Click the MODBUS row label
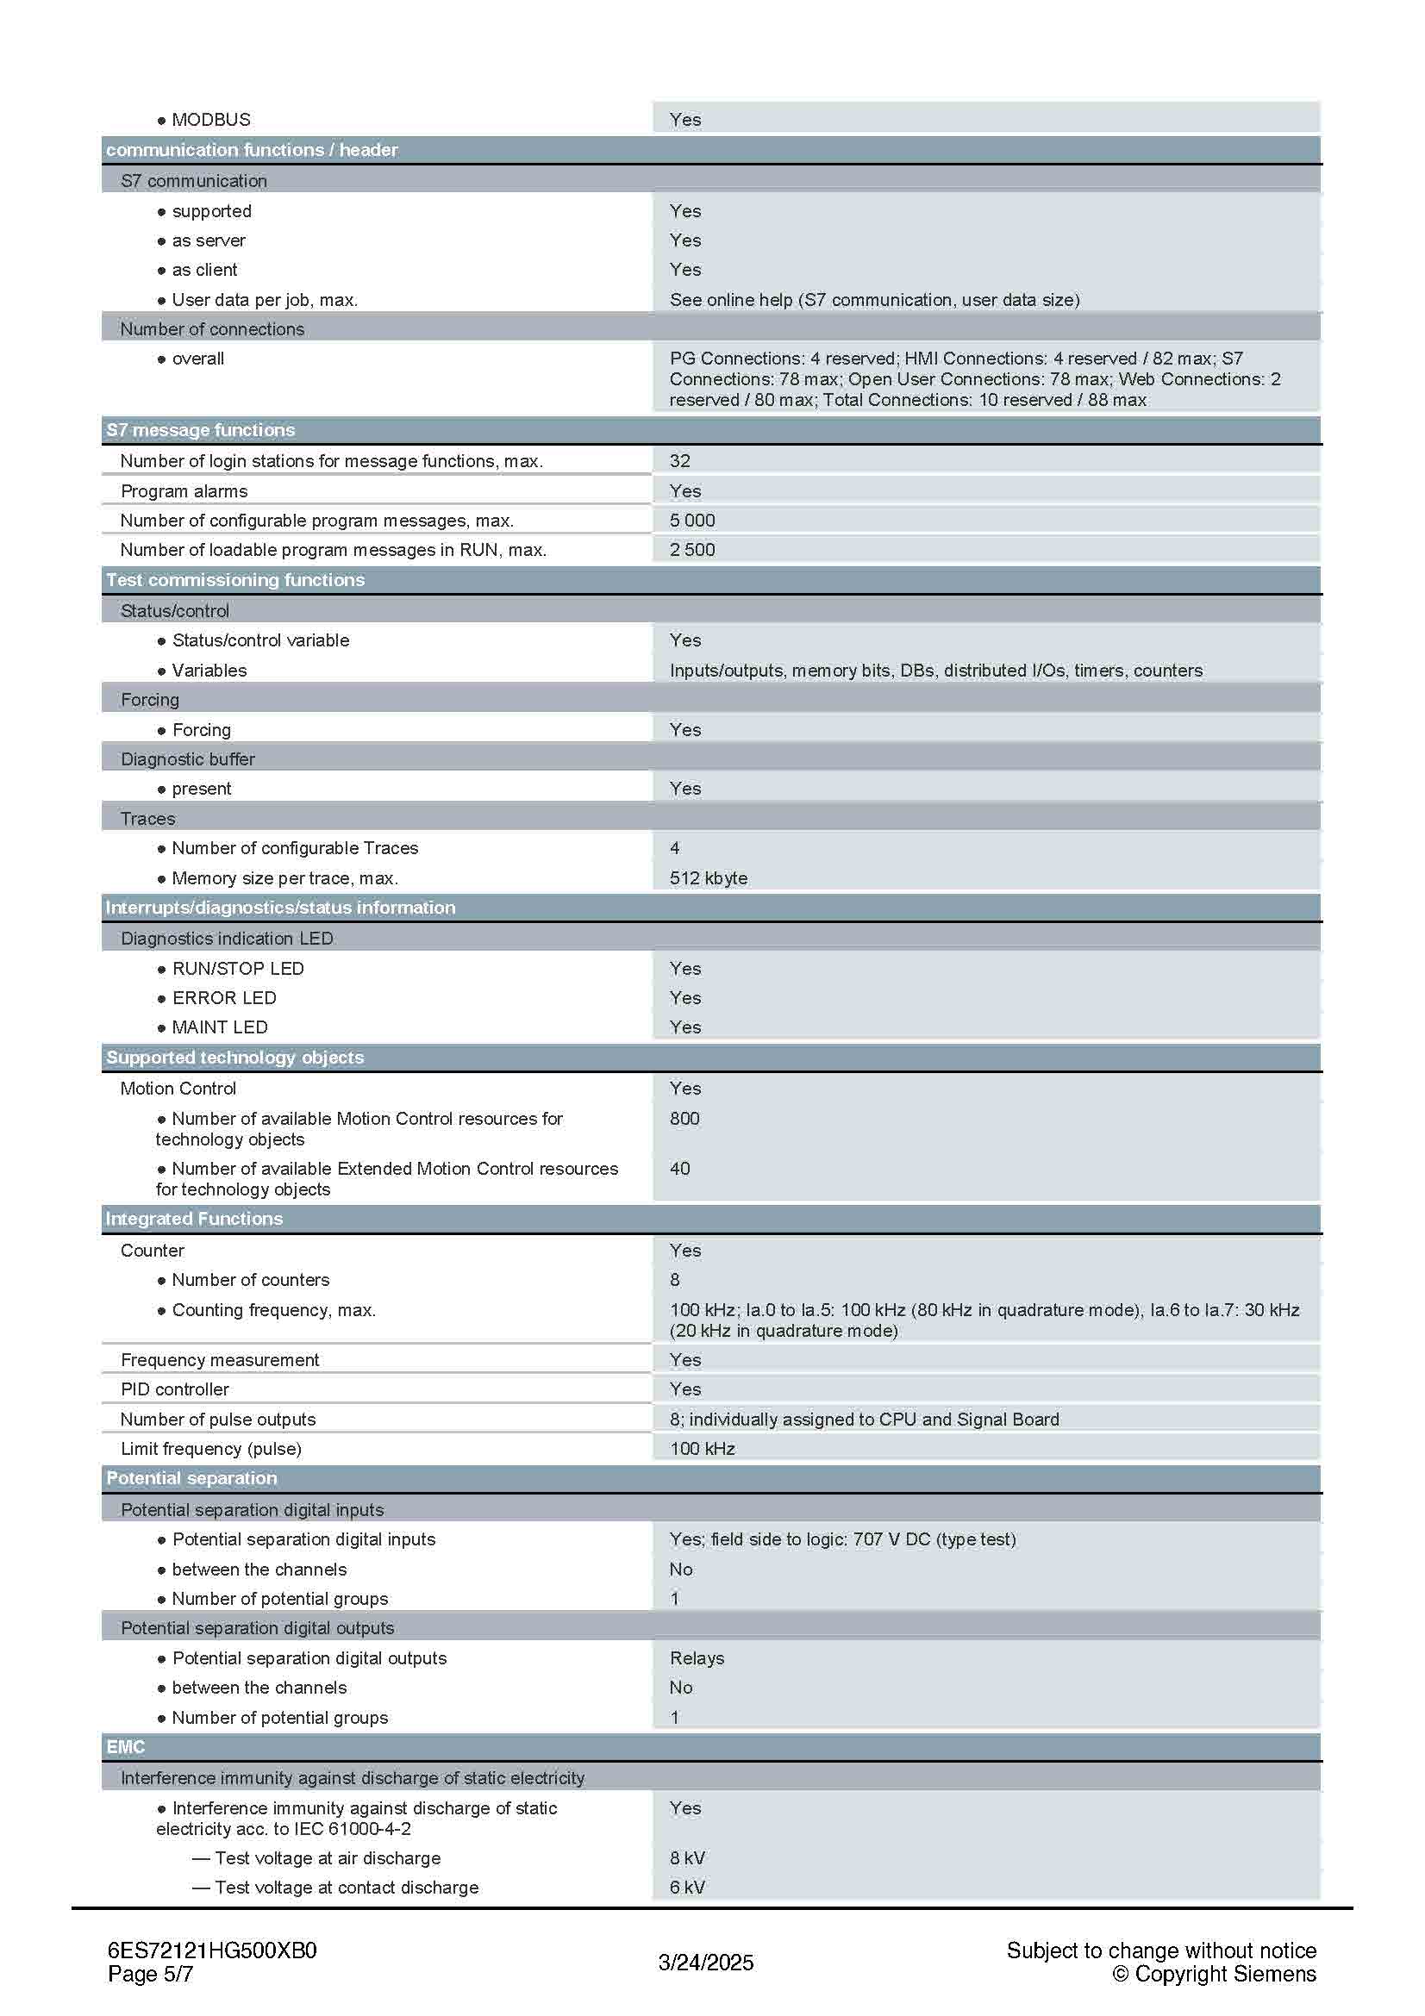tap(210, 120)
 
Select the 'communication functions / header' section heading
tap(252, 150)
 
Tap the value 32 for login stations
tap(679, 461)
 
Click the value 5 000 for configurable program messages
tap(692, 521)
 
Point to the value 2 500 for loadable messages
tap(692, 550)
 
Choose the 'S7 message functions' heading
tap(200, 430)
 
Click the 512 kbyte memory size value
tap(708, 878)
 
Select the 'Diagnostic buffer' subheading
tap(187, 759)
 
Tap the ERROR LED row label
tap(224, 998)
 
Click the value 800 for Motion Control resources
tap(684, 1119)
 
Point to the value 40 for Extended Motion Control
tap(679, 1169)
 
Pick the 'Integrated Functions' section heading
tap(194, 1219)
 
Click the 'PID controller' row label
tap(175, 1390)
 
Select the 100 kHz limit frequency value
tap(702, 1449)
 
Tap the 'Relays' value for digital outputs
tap(697, 1658)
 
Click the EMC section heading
tap(126, 1747)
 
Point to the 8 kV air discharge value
tap(686, 1859)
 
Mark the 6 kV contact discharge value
tap(686, 1888)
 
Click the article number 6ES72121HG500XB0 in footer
tap(211, 1951)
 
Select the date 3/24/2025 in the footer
tap(705, 1963)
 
